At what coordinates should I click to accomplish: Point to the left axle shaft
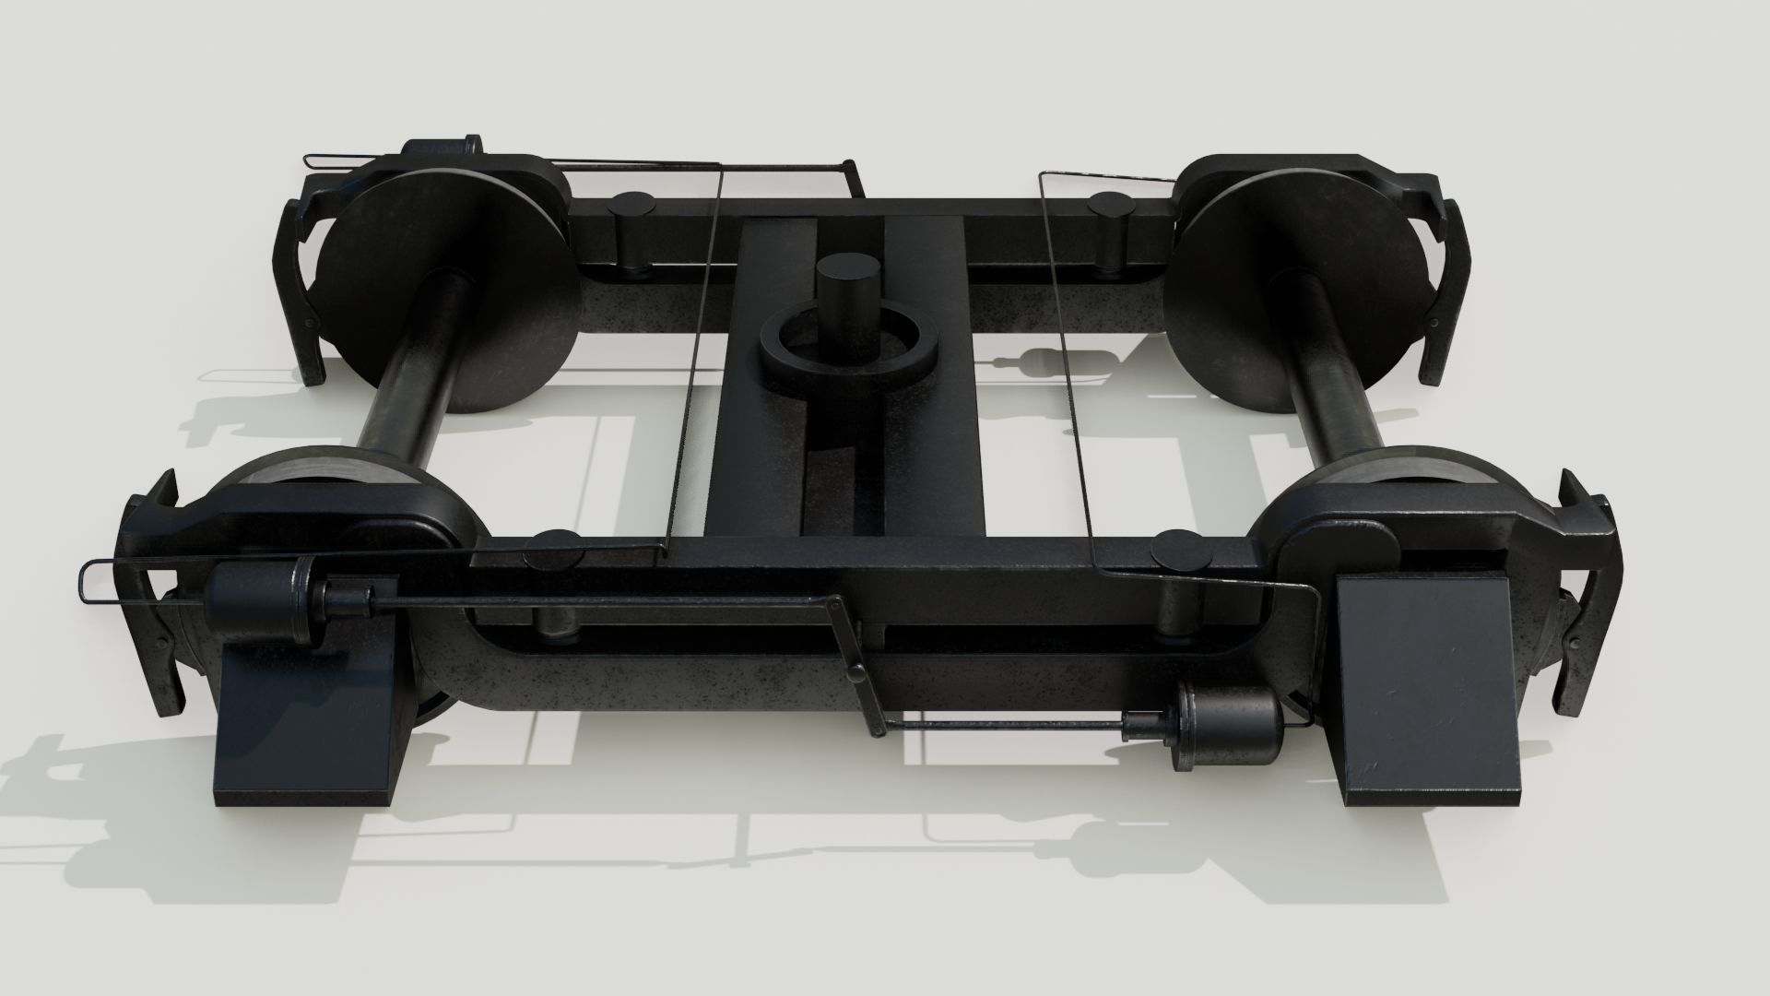[x=411, y=360]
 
